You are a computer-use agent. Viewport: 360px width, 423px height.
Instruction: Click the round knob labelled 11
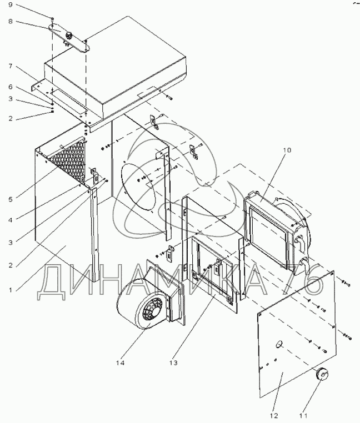[x=321, y=375]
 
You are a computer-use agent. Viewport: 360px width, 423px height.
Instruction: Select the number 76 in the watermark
[x=305, y=281]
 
